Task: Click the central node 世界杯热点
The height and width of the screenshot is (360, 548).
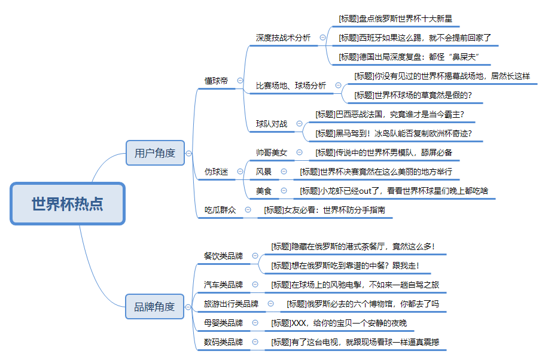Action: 68,203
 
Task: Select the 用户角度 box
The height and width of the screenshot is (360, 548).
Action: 155,152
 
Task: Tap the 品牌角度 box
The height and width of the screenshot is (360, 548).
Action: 154,307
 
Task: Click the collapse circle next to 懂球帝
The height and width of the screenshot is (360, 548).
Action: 240,80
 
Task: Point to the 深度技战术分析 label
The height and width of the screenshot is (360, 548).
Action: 283,38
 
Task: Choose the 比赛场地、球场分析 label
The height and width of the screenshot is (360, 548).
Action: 291,86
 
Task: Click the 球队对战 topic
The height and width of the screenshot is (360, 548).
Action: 272,124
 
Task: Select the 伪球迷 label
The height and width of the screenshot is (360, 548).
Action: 217,172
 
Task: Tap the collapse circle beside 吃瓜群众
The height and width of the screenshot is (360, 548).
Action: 248,210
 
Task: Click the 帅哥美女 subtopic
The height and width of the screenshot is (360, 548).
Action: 272,152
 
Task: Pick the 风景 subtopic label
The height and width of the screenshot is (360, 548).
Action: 263,172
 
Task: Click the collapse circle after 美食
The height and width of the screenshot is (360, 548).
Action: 284,191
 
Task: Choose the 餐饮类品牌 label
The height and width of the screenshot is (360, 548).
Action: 223,256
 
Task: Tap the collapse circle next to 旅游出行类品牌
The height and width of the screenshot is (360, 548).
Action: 270,304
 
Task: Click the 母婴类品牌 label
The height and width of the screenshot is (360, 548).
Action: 223,323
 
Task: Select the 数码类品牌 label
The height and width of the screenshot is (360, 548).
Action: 223,342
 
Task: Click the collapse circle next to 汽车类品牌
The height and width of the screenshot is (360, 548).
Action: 255,285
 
